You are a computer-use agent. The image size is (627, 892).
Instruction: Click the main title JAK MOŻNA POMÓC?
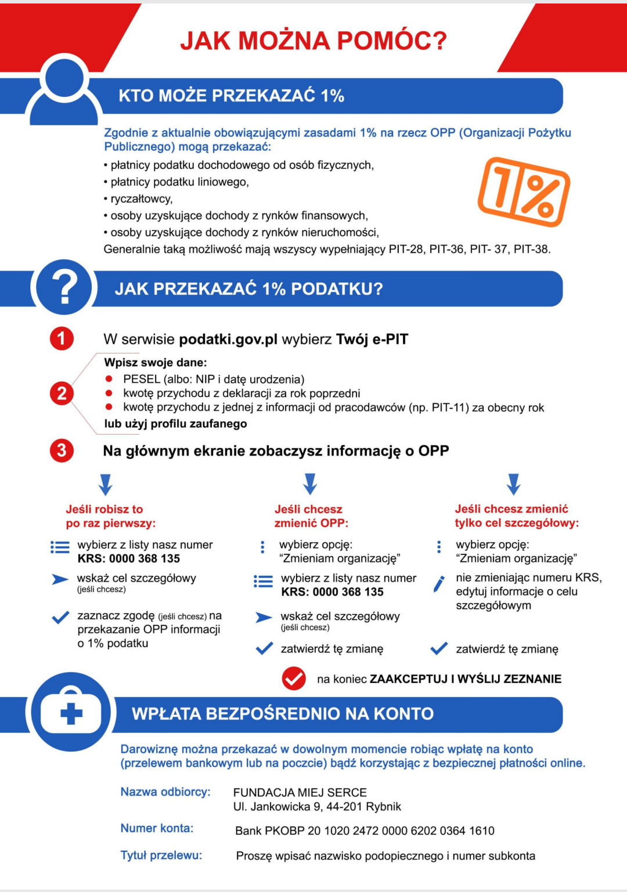313,41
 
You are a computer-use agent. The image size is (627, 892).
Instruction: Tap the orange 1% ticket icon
524,192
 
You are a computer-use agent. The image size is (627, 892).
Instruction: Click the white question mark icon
64,287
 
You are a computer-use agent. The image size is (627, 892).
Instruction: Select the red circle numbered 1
62,338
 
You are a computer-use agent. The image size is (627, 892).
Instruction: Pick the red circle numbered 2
62,393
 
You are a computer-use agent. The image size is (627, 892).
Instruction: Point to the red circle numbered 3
62,450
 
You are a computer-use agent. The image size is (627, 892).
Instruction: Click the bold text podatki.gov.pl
228,340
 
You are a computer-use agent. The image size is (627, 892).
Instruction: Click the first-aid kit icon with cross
71,712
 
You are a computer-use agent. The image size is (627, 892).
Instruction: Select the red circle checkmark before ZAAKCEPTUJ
294,678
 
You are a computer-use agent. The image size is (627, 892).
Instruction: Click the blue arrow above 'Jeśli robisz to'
105,484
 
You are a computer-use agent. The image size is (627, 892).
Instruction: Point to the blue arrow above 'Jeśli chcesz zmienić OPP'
310,483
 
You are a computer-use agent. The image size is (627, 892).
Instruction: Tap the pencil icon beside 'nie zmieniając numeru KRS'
439,583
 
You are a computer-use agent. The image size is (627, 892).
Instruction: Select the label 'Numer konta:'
157,828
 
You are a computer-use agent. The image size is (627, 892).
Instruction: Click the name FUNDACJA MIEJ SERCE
300,792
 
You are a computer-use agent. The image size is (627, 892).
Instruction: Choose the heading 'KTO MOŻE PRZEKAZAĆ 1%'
231,96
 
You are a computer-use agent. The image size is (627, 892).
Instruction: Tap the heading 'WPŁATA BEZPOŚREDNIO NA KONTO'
283,713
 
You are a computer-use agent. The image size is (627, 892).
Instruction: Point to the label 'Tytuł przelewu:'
161,855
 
